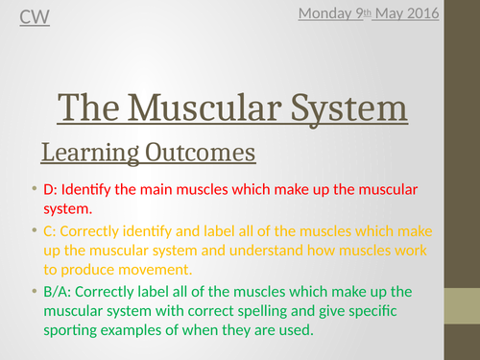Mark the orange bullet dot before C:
tap(34, 229)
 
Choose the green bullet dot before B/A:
tap(34, 291)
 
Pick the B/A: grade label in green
tap(61, 291)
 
